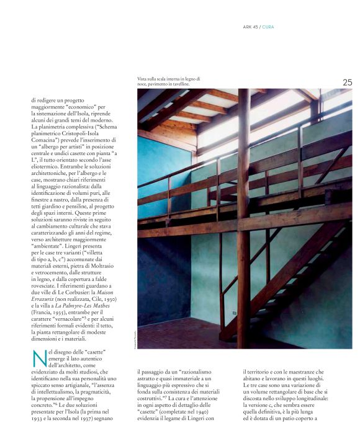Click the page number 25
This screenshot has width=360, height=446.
[x=347, y=82]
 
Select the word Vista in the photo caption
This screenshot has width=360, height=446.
[x=144, y=79]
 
